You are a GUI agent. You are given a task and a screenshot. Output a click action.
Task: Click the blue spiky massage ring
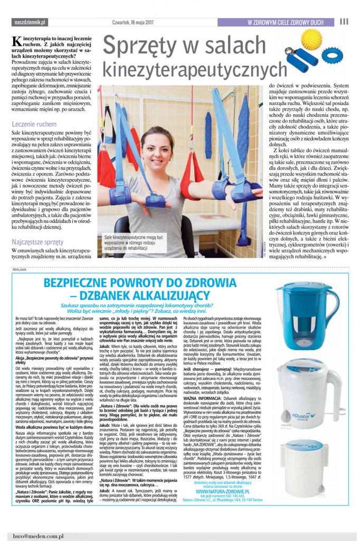pos(332,55)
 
